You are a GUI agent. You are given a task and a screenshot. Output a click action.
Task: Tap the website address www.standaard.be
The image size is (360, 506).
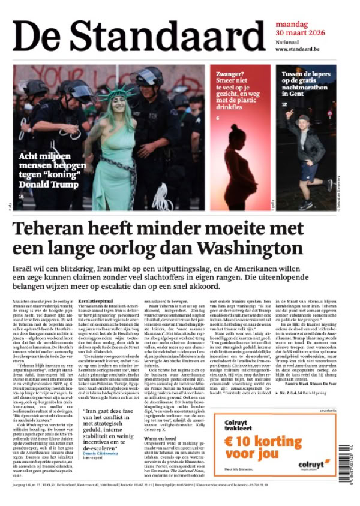298,49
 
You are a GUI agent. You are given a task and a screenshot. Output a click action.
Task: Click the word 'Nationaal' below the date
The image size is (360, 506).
287,42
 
